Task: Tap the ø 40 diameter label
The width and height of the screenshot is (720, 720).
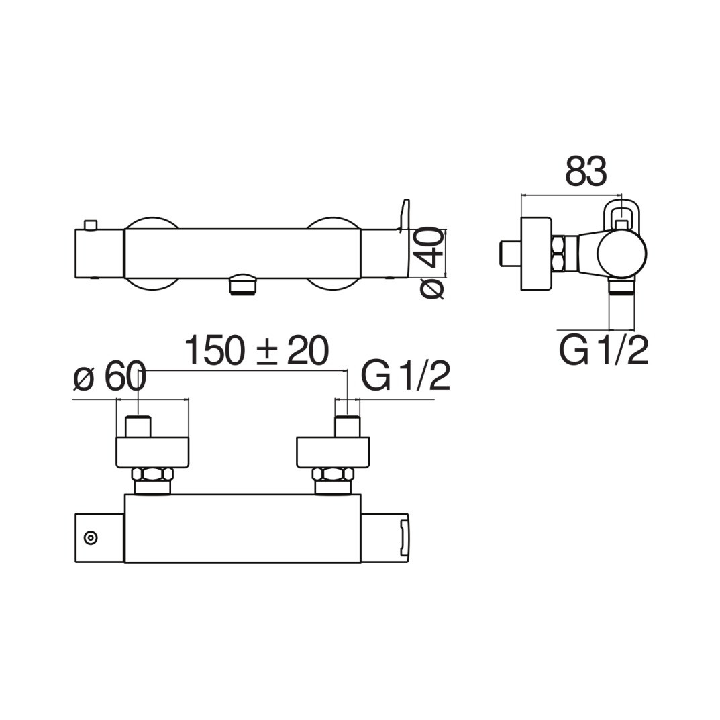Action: coord(432,263)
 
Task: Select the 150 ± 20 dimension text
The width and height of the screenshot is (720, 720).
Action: coord(257,350)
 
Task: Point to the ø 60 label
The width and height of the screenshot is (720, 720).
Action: coord(109,377)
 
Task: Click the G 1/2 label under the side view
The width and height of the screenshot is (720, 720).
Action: coord(603,350)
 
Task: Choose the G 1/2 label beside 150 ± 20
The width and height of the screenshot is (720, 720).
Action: coord(405,376)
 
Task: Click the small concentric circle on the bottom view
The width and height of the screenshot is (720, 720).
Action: coord(91,537)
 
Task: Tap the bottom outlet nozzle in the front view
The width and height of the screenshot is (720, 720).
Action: coord(243,285)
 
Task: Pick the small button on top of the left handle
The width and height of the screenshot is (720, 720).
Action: coord(91,225)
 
